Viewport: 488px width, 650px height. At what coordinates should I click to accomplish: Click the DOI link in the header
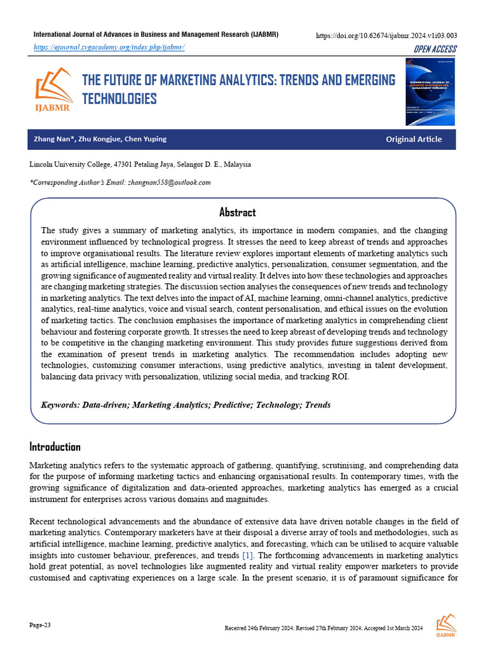[x=386, y=36]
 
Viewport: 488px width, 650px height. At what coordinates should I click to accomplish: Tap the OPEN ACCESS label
[x=435, y=50]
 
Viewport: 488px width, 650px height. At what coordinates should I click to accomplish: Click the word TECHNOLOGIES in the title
[x=119, y=98]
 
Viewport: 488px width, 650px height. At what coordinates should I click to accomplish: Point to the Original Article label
[x=414, y=139]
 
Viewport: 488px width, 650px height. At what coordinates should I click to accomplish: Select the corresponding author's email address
[x=169, y=182]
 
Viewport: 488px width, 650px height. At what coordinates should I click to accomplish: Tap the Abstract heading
[x=237, y=212]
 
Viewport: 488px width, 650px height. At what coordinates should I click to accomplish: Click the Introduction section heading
[x=55, y=446]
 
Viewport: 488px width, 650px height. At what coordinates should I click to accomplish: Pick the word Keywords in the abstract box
[x=60, y=404]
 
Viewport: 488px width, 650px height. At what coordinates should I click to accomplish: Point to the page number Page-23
[x=40, y=625]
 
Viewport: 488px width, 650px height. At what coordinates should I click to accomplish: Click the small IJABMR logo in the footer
[x=445, y=625]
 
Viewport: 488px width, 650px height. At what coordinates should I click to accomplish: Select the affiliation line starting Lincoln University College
[x=140, y=164]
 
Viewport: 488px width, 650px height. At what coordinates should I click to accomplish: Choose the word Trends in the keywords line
[x=318, y=404]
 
